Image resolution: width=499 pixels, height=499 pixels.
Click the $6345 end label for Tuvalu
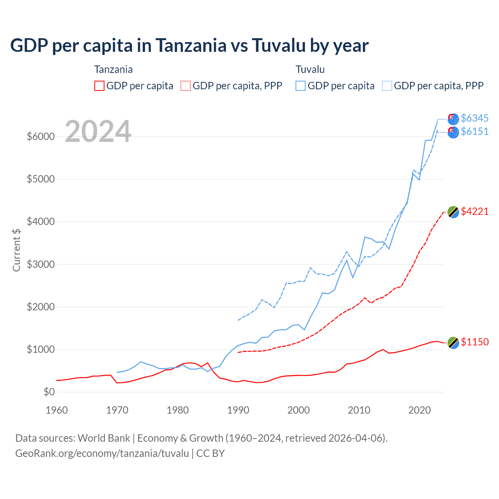[x=474, y=118]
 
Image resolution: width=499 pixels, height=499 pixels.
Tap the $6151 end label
[x=474, y=131]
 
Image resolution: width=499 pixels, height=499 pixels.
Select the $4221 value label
[x=474, y=211]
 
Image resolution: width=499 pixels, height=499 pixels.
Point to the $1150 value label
[x=474, y=342]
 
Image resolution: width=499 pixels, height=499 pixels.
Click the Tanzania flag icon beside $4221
[x=453, y=212]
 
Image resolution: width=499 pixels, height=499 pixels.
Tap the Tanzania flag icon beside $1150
[x=453, y=343]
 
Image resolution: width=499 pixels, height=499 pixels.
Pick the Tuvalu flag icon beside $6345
[x=453, y=119]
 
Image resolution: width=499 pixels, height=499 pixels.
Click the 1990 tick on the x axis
[x=238, y=410]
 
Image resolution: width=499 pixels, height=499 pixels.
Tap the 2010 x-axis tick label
[x=359, y=410]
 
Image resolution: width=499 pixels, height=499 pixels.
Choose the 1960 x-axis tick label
[x=57, y=410]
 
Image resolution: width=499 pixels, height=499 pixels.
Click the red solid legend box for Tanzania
[x=99, y=86]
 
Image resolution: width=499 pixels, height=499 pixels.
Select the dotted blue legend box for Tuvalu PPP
[x=387, y=86]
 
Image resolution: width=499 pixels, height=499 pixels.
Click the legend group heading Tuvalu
[x=310, y=69]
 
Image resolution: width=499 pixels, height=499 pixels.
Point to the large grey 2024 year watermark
[x=98, y=131]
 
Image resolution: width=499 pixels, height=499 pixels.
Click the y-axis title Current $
[x=16, y=250]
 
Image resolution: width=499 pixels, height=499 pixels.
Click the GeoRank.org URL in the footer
[x=102, y=453]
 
